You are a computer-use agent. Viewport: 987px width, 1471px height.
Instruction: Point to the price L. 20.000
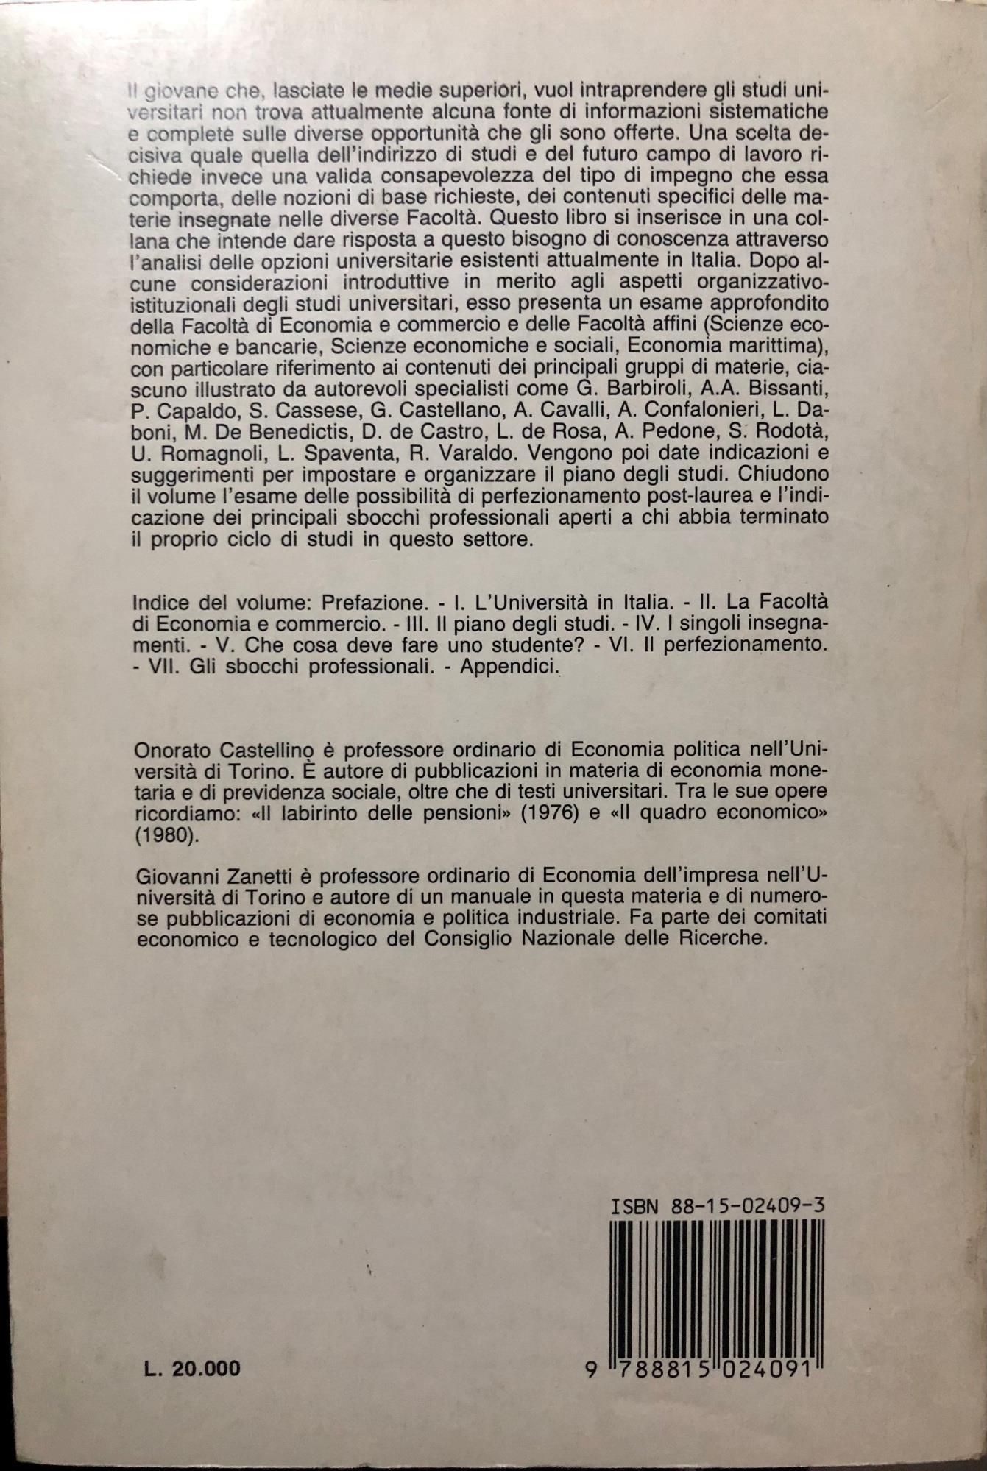[192, 1367]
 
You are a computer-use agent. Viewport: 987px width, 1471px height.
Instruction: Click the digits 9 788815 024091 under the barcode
[707, 1369]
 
